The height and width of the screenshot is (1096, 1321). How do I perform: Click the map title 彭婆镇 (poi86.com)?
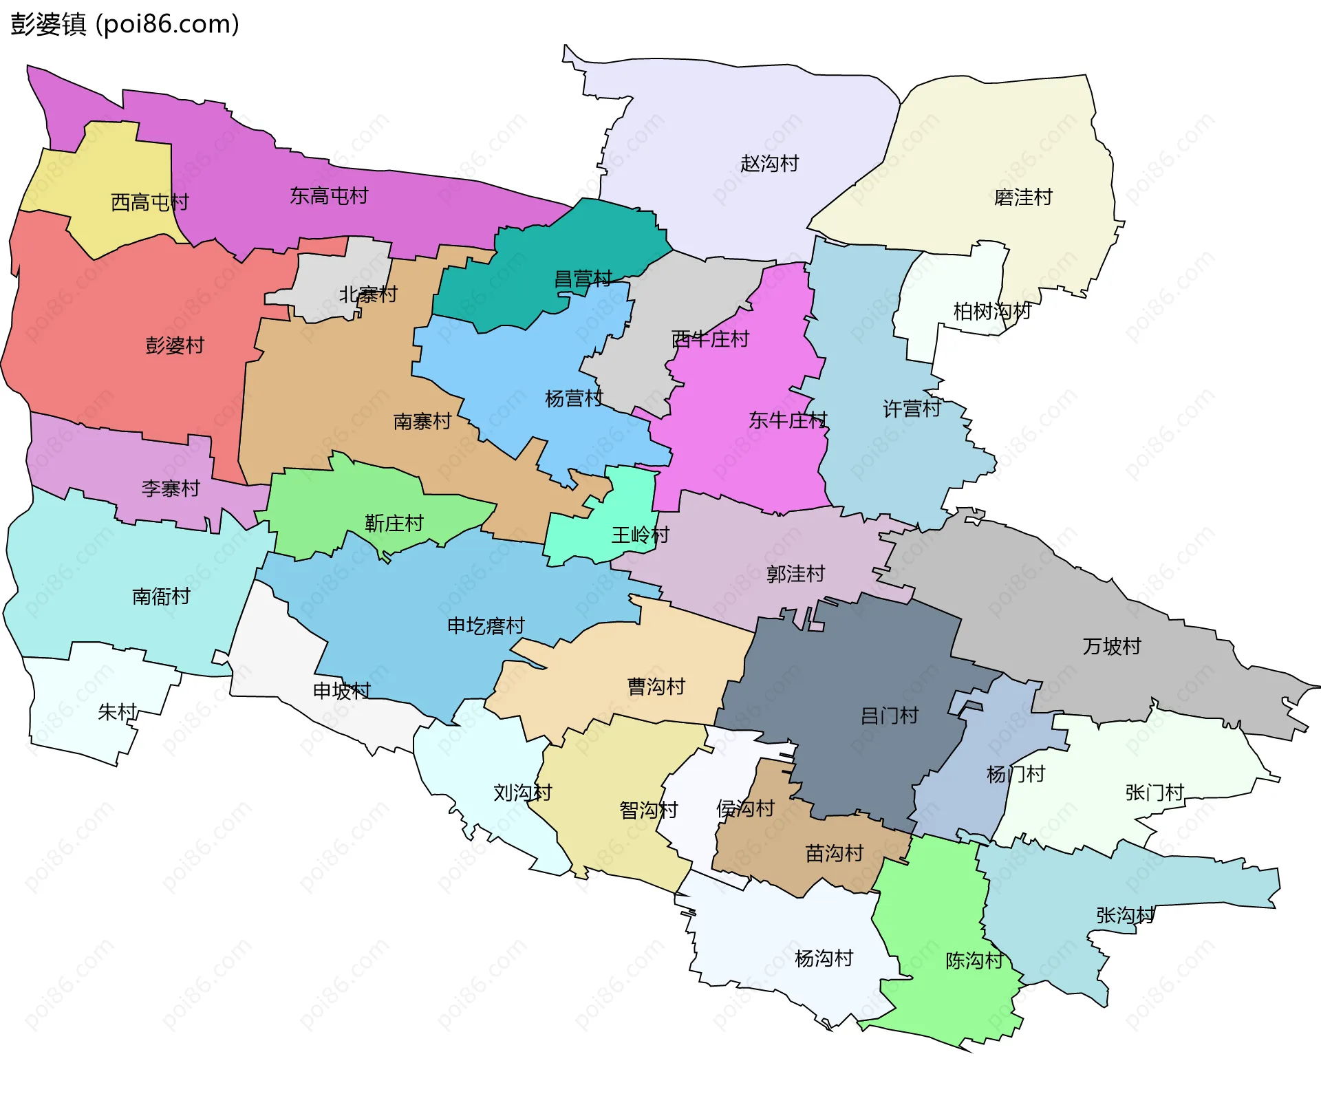125,24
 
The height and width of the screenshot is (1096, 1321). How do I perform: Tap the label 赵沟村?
769,164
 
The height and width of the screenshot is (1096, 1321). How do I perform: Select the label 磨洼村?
1023,197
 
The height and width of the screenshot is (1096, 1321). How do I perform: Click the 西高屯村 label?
149,202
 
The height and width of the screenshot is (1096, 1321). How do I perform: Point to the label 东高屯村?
329,196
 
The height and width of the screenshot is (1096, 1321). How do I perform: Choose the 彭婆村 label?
175,345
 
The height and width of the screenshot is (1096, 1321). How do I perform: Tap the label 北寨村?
368,294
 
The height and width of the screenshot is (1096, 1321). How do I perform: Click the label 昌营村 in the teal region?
583,279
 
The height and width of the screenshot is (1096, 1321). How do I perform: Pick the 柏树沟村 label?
991,312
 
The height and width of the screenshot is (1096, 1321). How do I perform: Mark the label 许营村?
912,409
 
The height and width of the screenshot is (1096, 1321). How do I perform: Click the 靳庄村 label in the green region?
394,524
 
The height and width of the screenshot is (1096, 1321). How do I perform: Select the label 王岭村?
640,535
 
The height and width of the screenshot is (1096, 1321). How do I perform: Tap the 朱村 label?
117,711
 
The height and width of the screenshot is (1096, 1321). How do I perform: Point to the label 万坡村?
1111,646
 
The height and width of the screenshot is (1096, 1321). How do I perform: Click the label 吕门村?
889,716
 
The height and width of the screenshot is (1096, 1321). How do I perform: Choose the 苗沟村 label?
834,854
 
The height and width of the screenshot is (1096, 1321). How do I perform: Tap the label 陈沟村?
974,960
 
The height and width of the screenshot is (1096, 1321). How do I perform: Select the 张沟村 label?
1125,915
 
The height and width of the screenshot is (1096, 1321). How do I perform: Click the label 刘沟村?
522,793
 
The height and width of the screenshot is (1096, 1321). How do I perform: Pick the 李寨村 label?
171,488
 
